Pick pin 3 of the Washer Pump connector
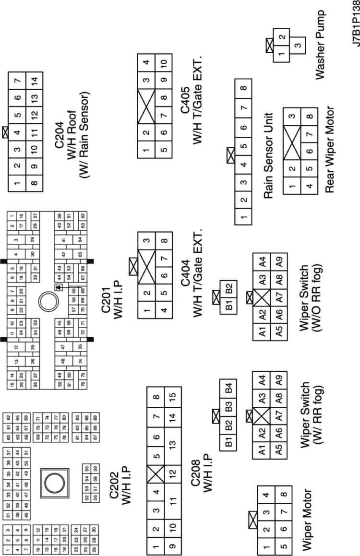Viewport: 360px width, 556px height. click(298, 46)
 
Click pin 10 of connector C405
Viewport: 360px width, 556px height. click(164, 63)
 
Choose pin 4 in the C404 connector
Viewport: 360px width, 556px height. click(164, 311)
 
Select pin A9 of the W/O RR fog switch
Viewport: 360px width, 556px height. click(279, 262)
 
